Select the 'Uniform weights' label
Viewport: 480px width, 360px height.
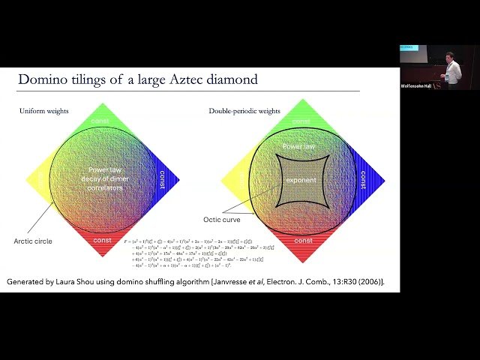[x=45, y=112]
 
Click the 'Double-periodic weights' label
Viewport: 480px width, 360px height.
[x=244, y=112]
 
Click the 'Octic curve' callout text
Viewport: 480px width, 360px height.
[x=221, y=220]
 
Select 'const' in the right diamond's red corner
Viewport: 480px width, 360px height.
[x=303, y=241]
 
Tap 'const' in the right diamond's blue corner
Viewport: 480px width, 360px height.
[x=364, y=180]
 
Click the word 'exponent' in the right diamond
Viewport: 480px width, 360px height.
[x=301, y=180]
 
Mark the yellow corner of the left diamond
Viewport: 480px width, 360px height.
[x=37, y=180]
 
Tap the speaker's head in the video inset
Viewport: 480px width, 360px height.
[x=449, y=57]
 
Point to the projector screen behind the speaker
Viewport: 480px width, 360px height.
[x=413, y=52]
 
